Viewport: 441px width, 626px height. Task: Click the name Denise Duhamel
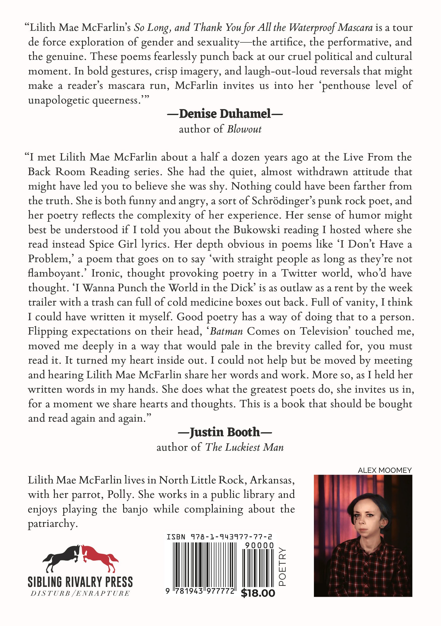point(225,114)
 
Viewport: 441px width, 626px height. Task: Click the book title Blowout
point(244,129)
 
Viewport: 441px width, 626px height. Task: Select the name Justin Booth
point(225,432)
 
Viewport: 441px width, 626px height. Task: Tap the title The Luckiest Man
point(244,447)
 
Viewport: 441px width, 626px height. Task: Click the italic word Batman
point(226,331)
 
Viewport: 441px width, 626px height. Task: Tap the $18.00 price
point(258,593)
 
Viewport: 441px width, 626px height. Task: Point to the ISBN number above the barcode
point(219,537)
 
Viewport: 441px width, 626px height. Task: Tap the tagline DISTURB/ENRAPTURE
point(80,593)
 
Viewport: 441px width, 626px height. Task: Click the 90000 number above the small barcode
point(259,545)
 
